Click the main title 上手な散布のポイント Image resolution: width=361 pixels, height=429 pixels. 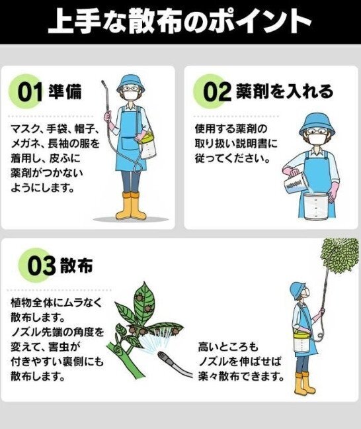coord(180,21)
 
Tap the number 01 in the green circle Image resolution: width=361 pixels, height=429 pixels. coord(30,92)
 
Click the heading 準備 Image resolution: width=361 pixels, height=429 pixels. coord(65,91)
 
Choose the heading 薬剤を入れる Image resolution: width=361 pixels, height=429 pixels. coord(284,91)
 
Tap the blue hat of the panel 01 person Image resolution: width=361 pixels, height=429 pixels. coord(131,83)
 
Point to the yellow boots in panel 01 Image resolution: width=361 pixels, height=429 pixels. coord(131,206)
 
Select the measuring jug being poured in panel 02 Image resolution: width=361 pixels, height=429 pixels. coord(294,181)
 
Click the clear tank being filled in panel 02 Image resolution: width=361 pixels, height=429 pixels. coord(316,207)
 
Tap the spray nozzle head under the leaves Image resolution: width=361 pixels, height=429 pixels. coord(165,358)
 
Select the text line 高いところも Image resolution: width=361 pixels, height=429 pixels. coord(228,347)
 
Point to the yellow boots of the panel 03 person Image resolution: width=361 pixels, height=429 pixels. coord(304,383)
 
